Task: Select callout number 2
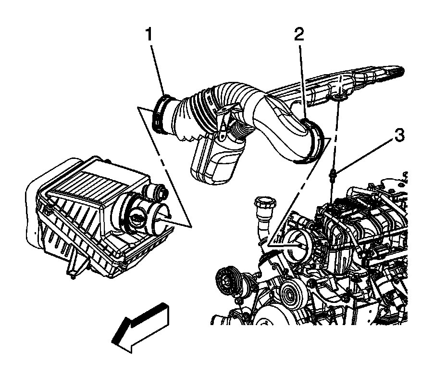point(299,35)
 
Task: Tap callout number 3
point(399,135)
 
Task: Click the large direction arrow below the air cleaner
point(140,327)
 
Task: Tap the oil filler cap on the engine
point(266,205)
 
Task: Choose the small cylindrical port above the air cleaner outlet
point(156,193)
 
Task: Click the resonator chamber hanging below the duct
point(215,160)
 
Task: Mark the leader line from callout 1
point(158,70)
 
